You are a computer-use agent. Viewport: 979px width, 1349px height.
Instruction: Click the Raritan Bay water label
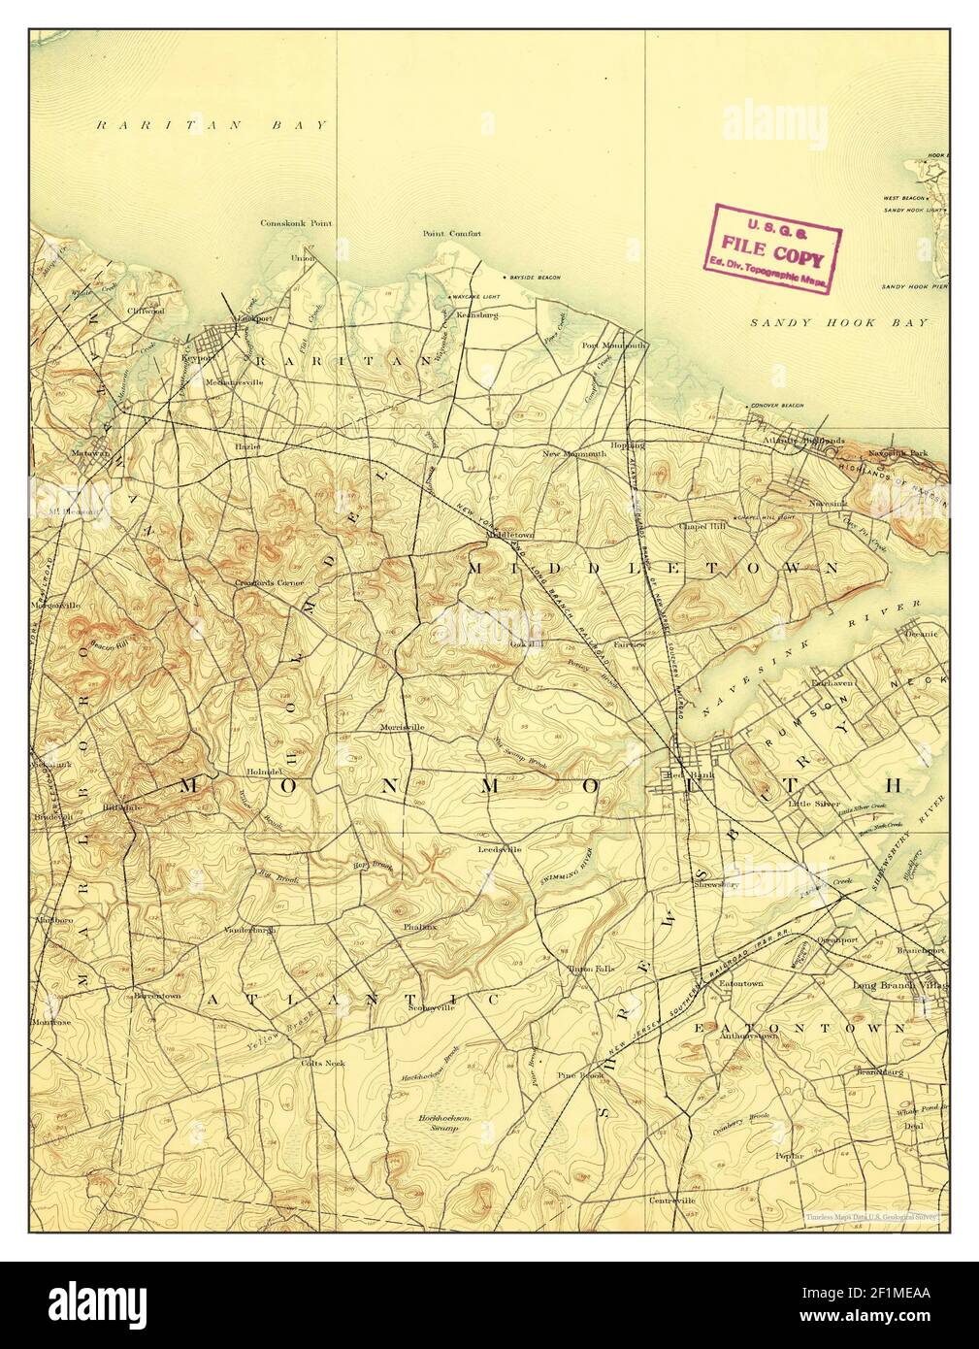(213, 125)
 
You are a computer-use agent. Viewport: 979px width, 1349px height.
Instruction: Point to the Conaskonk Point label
(296, 223)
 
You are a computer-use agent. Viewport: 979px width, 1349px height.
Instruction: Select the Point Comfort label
(451, 234)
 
